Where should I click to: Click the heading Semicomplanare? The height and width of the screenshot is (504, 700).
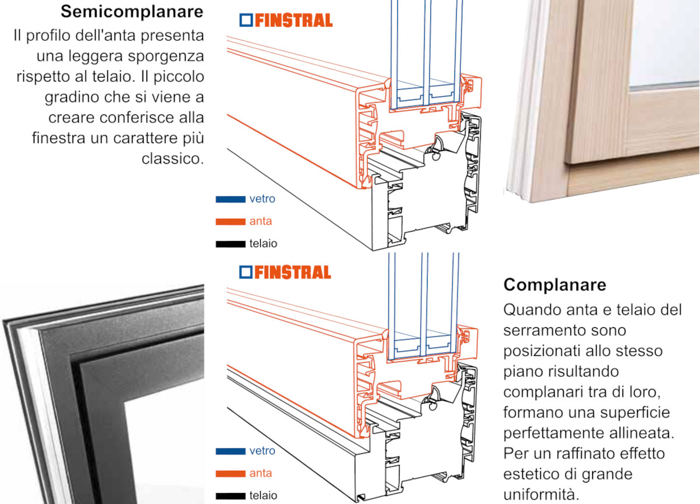point(132,12)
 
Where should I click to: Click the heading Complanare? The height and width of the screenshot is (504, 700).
point(555,285)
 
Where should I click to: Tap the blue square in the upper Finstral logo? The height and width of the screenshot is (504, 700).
point(246,20)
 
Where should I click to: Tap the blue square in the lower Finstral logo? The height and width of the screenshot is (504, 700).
point(246,272)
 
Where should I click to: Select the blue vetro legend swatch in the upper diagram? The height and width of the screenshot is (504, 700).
point(230,199)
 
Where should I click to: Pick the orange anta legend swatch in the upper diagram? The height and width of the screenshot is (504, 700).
point(230,222)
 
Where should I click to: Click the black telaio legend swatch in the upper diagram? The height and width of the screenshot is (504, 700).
point(230,244)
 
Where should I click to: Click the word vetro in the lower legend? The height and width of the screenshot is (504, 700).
point(262,450)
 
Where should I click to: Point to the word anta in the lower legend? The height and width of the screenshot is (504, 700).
point(260,473)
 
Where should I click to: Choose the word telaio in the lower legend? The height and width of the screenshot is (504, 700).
point(263,495)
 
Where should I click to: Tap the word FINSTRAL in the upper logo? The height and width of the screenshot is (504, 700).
point(294,20)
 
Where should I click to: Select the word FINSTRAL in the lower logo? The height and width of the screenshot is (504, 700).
point(293,272)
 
